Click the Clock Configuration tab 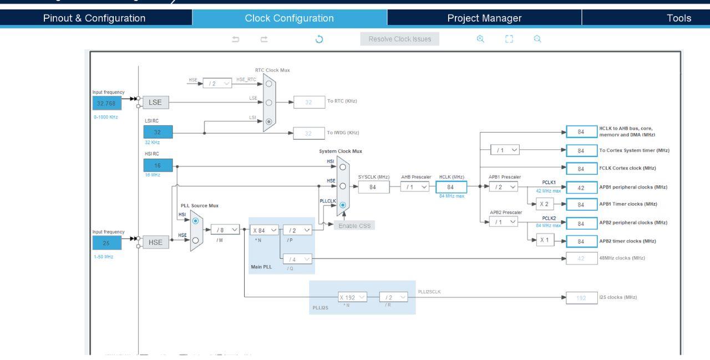pos(290,18)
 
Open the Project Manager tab pos(484,18)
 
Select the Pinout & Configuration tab pos(95,18)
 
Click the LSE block pos(155,103)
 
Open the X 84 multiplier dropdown pos(264,230)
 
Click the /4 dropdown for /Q pos(298,258)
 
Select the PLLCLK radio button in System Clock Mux pos(343,205)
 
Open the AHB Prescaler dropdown pos(415,187)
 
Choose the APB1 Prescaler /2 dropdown pos(503,187)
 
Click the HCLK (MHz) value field pos(452,187)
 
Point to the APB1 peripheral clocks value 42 pos(581,187)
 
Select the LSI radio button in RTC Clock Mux pos(269,120)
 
